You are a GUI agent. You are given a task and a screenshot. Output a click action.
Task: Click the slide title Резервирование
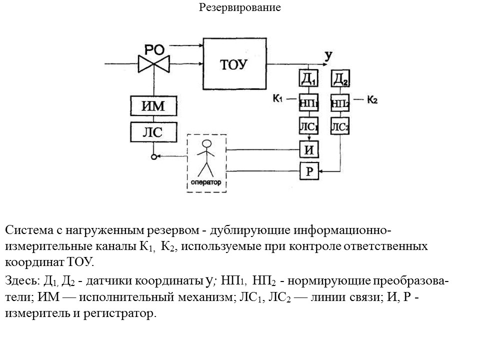[x=240, y=7]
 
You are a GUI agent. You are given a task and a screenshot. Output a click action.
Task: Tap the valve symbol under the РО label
[x=154, y=63]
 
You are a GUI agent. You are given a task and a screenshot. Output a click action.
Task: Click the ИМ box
[x=153, y=106]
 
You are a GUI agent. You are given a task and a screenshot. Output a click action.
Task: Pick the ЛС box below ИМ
[x=153, y=132]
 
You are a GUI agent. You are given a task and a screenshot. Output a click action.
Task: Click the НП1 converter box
[x=308, y=103]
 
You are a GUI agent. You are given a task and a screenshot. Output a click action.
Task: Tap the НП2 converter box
[x=340, y=103]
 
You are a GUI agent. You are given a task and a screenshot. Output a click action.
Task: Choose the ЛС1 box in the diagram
[x=308, y=126]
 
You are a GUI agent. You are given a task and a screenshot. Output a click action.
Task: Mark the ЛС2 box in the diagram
[x=340, y=126]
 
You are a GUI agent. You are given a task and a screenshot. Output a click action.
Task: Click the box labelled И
[x=308, y=149]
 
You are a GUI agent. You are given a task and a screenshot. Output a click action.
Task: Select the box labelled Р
[x=308, y=171]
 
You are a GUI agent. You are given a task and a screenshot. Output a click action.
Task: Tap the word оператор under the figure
[x=205, y=182]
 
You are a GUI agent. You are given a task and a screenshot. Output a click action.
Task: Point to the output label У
[x=328, y=55]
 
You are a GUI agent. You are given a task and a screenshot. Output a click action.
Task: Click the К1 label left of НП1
[x=278, y=98]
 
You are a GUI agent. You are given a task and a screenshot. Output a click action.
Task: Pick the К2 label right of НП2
[x=372, y=99]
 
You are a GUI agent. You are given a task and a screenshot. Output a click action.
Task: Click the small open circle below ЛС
[x=153, y=156]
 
